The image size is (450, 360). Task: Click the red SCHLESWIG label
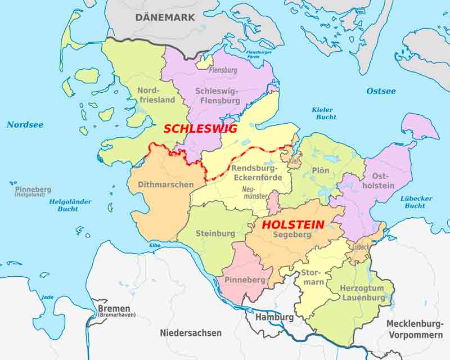click(x=200, y=129)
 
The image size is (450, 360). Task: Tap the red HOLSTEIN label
click(x=293, y=224)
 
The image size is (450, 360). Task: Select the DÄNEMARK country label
click(x=165, y=17)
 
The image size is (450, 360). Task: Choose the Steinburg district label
click(x=215, y=233)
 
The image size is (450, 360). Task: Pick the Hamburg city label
click(x=274, y=317)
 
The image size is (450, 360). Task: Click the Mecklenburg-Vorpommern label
click(x=415, y=329)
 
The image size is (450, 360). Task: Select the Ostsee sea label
click(x=381, y=91)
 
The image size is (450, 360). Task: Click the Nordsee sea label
click(x=25, y=125)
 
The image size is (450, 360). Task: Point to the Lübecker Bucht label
click(x=416, y=202)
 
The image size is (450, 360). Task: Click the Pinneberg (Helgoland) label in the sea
click(x=33, y=191)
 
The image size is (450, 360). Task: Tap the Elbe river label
click(x=155, y=245)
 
